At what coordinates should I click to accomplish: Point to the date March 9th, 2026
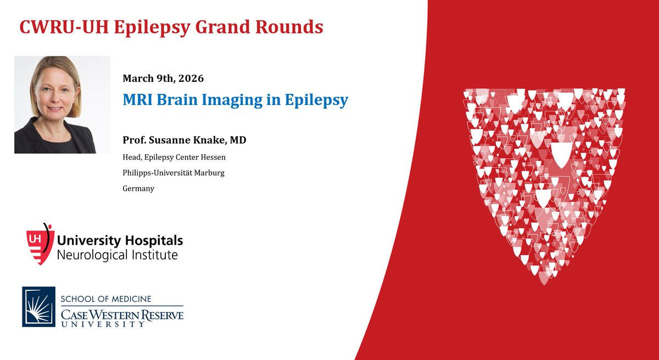pos(163,78)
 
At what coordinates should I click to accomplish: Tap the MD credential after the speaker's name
pos(238,140)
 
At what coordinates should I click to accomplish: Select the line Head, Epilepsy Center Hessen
pos(174,157)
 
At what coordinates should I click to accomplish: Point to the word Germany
pos(138,188)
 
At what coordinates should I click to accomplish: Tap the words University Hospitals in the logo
pos(120,241)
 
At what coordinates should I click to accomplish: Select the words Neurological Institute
pos(118,255)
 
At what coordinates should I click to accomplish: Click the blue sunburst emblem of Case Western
pos(38,306)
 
